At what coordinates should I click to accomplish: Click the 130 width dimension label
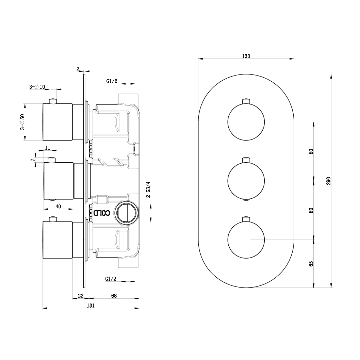246,56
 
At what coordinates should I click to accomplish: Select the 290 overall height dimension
329,181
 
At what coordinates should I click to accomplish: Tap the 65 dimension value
311,264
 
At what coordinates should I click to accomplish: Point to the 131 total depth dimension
91,305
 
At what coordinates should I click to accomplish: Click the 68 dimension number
114,296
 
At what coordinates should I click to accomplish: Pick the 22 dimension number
81,296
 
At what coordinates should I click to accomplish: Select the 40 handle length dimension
58,207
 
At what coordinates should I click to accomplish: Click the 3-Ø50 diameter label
22,122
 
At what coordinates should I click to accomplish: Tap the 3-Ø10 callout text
37,87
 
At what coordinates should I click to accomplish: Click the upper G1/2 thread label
112,81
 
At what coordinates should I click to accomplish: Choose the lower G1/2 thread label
111,279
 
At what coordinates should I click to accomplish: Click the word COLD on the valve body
102,213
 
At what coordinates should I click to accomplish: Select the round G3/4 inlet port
127,213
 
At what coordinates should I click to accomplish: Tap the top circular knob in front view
246,122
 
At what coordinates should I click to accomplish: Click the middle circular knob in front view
246,181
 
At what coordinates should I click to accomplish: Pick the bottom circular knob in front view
246,240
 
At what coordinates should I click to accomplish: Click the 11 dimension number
48,148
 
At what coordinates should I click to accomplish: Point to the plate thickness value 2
78,69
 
